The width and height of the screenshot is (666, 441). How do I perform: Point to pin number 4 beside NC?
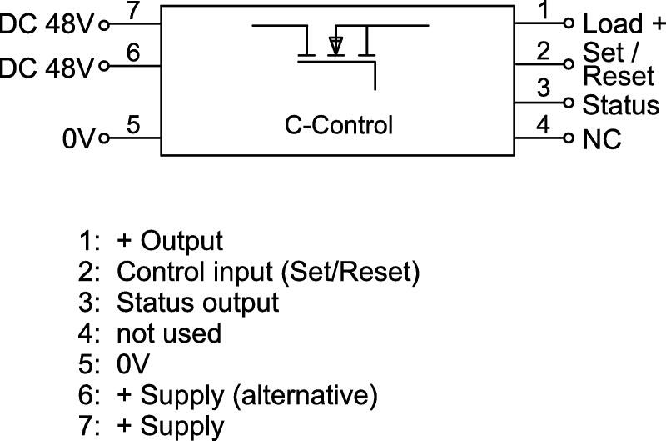pyautogui.click(x=544, y=125)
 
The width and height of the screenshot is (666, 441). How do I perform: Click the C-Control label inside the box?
pyautogui.click(x=338, y=126)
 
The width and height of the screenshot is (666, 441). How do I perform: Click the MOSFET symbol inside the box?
pyautogui.click(x=337, y=50)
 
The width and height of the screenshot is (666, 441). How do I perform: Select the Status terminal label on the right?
pyautogui.click(x=620, y=105)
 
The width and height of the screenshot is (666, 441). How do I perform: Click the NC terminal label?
pyautogui.click(x=602, y=139)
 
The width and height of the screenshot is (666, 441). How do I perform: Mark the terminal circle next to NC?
pyautogui.click(x=569, y=138)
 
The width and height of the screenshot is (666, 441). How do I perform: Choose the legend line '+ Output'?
pyautogui.click(x=170, y=241)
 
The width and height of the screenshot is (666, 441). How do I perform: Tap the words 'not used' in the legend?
pyautogui.click(x=169, y=333)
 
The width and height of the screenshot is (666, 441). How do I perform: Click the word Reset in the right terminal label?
pyautogui.click(x=619, y=76)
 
